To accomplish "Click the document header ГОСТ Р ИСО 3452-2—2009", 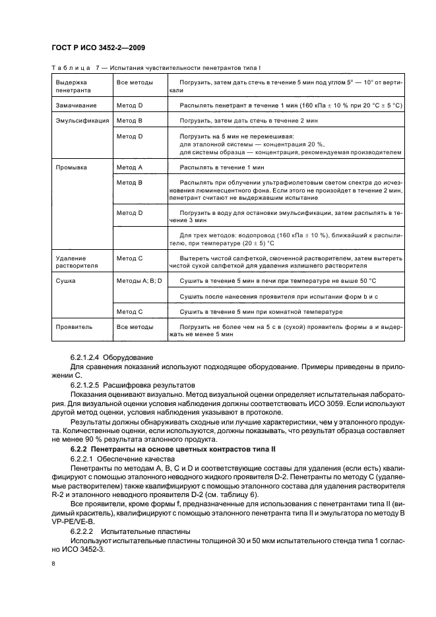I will [99, 48].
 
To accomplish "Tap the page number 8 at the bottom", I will [54, 563].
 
